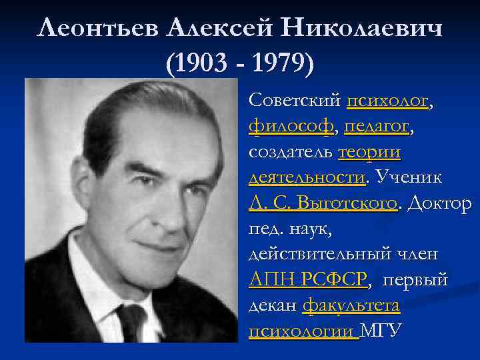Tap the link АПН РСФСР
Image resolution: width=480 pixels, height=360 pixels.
307,280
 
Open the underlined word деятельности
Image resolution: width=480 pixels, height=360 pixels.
306,178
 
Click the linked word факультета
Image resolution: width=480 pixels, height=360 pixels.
351,305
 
